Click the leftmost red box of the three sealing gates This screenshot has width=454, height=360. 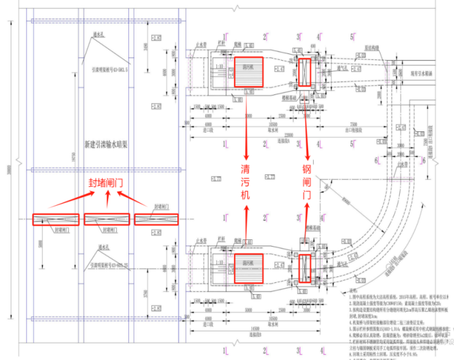[x=56, y=220]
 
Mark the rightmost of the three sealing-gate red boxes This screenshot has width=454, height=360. [x=157, y=220]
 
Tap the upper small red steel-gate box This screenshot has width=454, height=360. [x=305, y=72]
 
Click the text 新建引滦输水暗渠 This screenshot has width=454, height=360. [x=106, y=144]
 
